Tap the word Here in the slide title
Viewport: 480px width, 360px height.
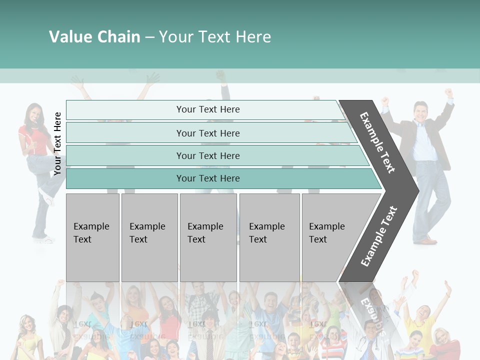(x=253, y=37)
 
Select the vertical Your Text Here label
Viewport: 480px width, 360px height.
(x=57, y=144)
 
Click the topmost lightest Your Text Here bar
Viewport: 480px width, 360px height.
(x=207, y=109)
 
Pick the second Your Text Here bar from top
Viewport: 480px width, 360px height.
(x=207, y=133)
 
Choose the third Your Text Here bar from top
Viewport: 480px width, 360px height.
(x=207, y=155)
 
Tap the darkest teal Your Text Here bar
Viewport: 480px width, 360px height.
(x=207, y=178)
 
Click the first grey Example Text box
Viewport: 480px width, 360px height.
(x=92, y=237)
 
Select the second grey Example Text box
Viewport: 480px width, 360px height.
(x=149, y=237)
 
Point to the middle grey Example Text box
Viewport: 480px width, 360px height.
(x=208, y=237)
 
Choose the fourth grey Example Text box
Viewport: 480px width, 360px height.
(x=269, y=237)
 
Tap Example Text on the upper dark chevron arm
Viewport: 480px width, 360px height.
(x=378, y=142)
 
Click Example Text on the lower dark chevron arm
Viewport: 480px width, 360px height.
(x=378, y=236)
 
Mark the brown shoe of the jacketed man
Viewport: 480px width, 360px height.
(x=428, y=241)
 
